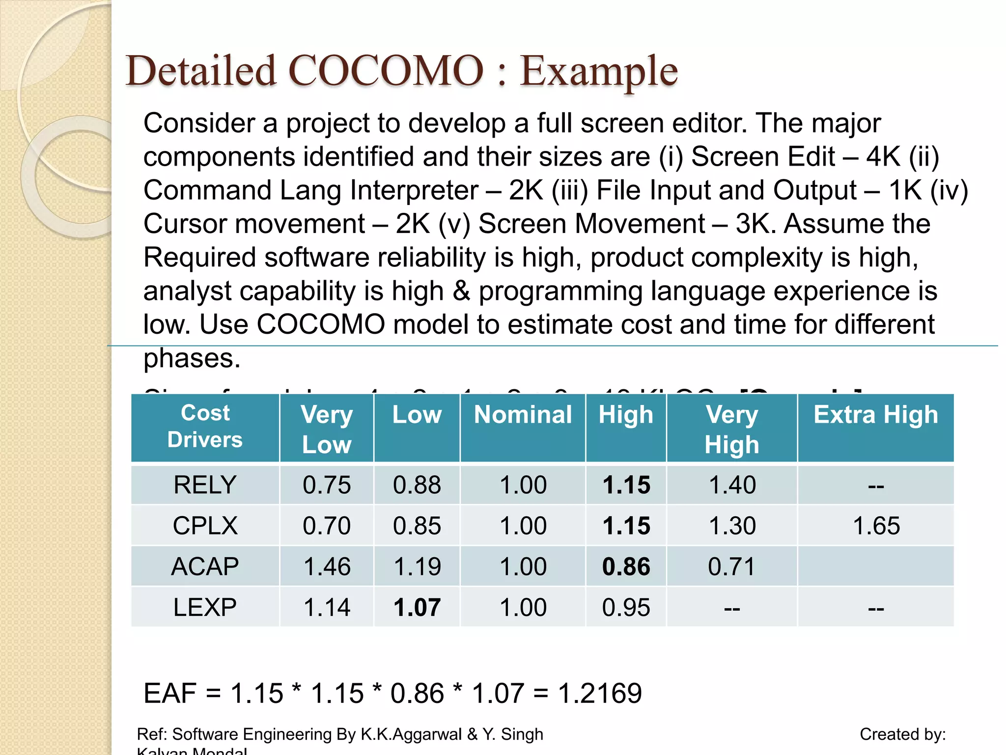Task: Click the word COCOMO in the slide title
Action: click(386, 71)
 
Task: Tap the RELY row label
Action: click(205, 485)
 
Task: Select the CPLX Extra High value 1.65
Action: click(876, 526)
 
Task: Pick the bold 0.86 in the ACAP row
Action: click(626, 567)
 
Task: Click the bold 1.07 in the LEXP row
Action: click(417, 608)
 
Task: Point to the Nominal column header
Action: click(523, 415)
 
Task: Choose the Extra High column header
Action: click(875, 415)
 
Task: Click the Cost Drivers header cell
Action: click(205, 426)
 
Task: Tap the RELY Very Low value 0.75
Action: click(327, 485)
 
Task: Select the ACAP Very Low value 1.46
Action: click(327, 567)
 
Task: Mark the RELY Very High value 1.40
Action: click(732, 485)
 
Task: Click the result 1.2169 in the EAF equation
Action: click(600, 694)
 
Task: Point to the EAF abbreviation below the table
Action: click(170, 694)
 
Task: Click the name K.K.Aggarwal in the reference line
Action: click(411, 734)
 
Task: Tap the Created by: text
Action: click(902, 734)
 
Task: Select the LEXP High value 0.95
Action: click(626, 608)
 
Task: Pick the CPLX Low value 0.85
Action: click(417, 526)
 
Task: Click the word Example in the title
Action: click(599, 71)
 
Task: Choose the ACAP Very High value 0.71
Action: click(732, 567)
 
